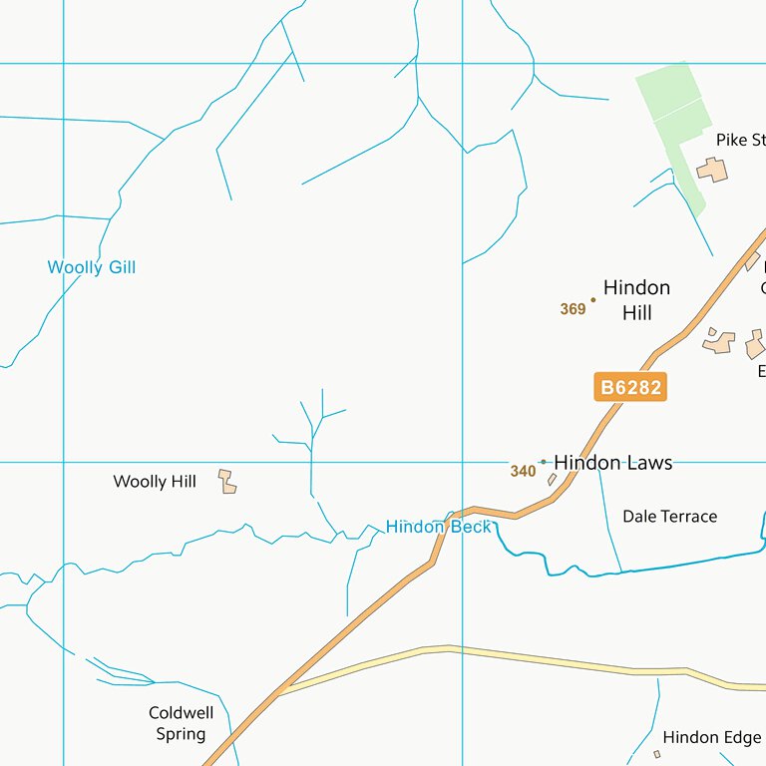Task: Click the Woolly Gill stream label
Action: coord(91,267)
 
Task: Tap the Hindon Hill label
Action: coord(636,300)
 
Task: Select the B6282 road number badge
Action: coord(630,387)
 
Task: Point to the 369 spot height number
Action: coord(573,309)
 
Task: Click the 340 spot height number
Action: coord(523,471)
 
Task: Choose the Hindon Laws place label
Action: coord(612,463)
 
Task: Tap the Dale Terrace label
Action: coord(669,517)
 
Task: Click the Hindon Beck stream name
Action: coord(438,527)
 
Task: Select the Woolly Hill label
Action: coord(155,482)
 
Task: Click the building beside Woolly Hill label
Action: coord(228,482)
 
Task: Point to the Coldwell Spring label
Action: coord(181,723)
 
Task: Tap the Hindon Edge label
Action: coord(711,738)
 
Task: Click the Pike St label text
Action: coord(739,141)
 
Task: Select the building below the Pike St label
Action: coord(712,170)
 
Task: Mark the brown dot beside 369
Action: coord(593,299)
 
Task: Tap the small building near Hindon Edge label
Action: coord(656,754)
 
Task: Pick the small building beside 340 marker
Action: coord(552,480)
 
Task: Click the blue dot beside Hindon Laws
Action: coord(543,462)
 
